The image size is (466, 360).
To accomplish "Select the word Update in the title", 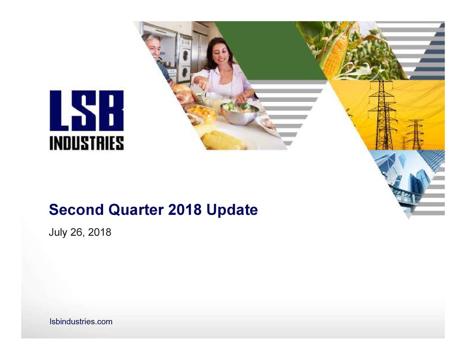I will [x=232, y=210].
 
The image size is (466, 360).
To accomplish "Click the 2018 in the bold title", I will [x=185, y=210].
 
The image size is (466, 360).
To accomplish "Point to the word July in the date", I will [x=58, y=232].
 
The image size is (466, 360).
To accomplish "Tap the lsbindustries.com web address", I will [x=81, y=322].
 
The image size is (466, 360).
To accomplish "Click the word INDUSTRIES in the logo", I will [x=87, y=143].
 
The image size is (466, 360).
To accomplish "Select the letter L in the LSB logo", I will [x=60, y=111].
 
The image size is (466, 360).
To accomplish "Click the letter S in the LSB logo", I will [x=86, y=111].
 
